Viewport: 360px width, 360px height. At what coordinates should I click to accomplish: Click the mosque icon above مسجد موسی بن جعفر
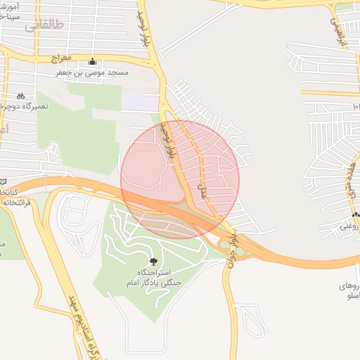pos(93,61)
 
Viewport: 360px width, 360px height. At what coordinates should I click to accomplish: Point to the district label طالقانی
pos(44,25)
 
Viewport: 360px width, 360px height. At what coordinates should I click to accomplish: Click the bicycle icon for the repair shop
pos(20,96)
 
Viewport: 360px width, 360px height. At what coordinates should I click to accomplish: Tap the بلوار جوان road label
pos(231,259)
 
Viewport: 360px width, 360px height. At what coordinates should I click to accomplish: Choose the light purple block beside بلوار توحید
pos(141,103)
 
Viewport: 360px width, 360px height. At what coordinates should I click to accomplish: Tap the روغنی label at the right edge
pos(349,226)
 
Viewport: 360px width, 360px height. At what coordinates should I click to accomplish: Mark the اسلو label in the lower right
pos(348,297)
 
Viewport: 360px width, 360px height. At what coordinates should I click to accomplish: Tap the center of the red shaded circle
pos(180,179)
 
